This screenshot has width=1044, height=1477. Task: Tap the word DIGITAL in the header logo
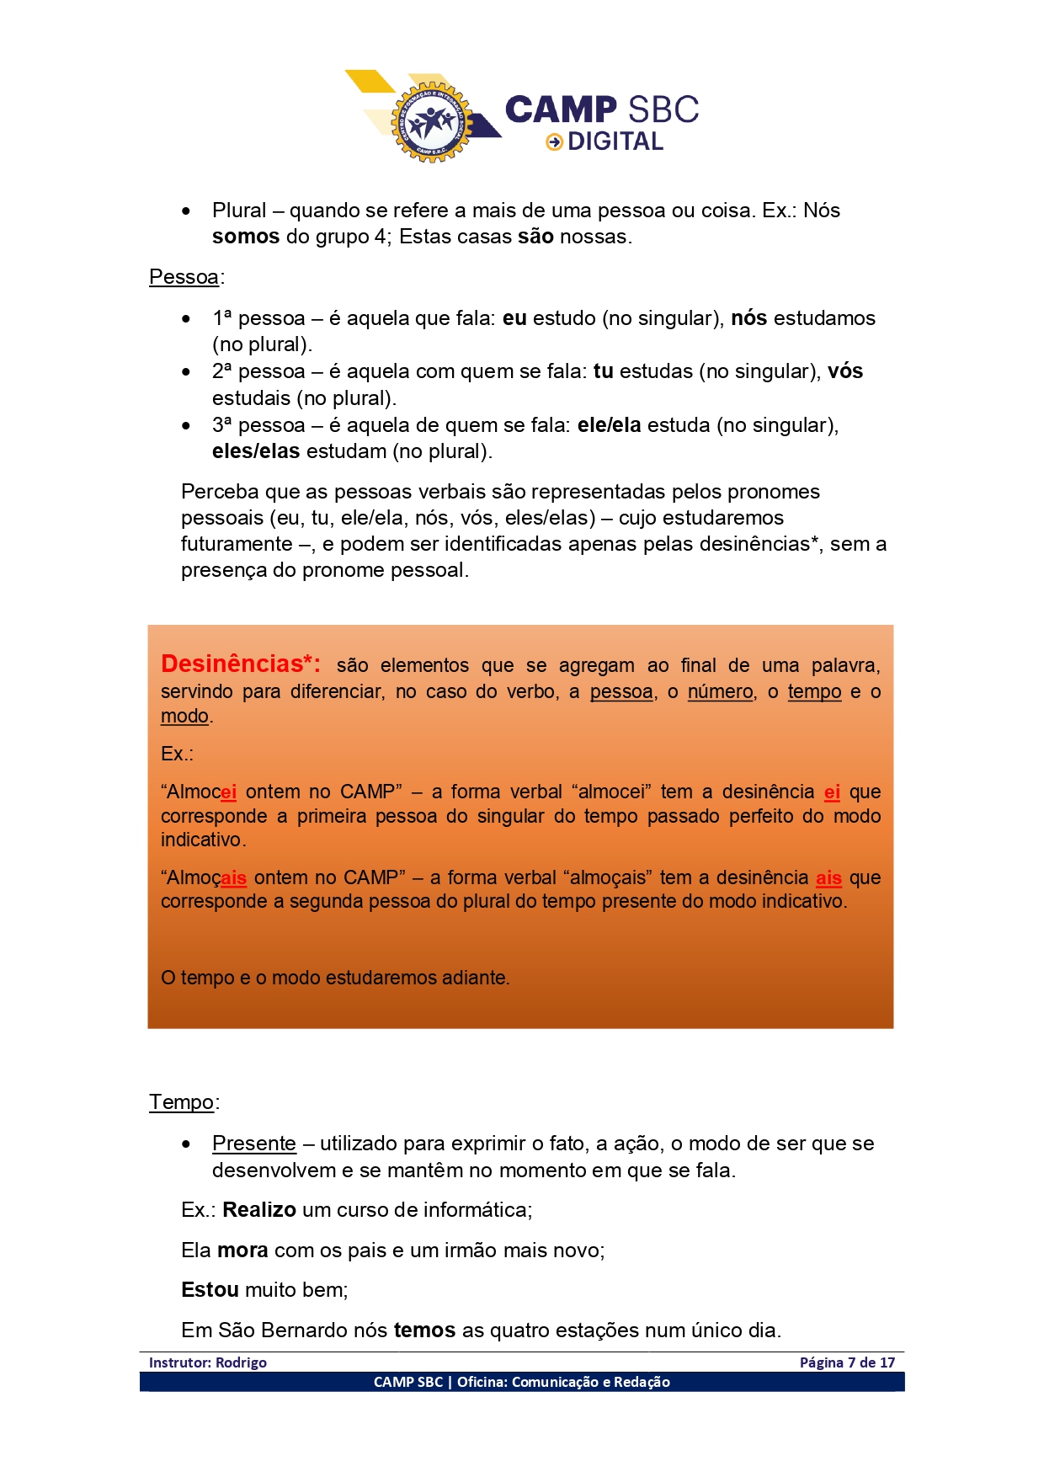[x=615, y=142]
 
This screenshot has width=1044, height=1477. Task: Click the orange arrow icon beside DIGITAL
[x=554, y=142]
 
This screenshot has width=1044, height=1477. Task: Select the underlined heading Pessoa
[x=184, y=277]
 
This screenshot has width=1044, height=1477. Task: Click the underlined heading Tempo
[x=181, y=1102]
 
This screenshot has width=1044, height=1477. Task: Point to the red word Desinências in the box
[x=232, y=664]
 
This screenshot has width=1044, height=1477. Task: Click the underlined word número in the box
[x=720, y=692]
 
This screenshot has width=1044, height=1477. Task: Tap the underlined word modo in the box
[x=184, y=717]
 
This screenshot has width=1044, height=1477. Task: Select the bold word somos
[x=246, y=237]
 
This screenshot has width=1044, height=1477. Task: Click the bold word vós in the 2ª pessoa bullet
[x=845, y=371]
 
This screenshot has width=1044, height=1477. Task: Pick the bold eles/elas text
[x=256, y=451]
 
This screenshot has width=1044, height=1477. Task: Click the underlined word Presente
[x=254, y=1144]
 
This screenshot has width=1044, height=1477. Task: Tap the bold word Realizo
[x=259, y=1210]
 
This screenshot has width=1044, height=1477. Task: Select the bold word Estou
[x=210, y=1290]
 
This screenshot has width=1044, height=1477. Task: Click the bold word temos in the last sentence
[x=424, y=1330]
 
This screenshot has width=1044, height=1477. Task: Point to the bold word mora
[x=242, y=1250]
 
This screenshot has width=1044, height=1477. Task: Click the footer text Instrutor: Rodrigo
[x=208, y=1362]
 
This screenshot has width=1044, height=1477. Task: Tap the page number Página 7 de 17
[x=847, y=1362]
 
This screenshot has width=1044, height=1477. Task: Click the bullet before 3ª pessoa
[x=186, y=426]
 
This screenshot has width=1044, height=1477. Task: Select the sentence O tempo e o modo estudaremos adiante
[x=335, y=978]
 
